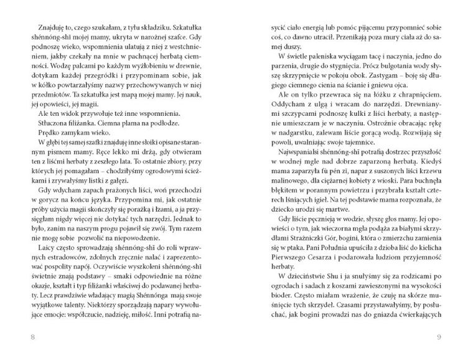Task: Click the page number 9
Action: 439,338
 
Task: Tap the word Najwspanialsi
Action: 298,171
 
